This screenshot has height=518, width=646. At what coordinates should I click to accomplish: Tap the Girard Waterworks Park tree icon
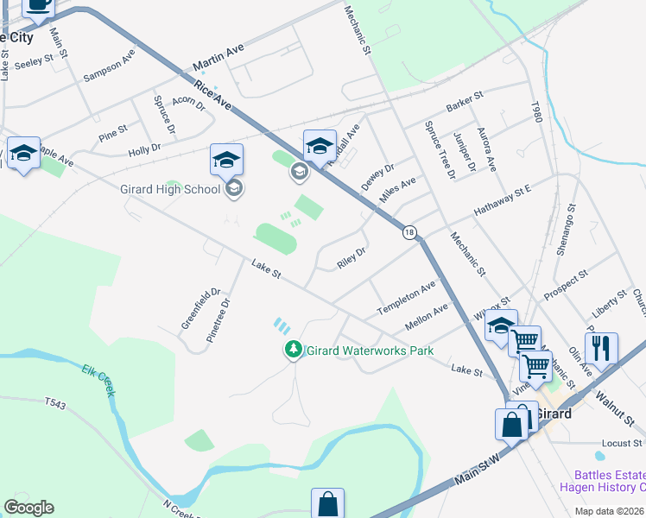point(294,351)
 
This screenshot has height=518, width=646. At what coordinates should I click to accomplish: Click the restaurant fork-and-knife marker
point(601,348)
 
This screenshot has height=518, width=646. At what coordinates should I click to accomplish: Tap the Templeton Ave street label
point(406,299)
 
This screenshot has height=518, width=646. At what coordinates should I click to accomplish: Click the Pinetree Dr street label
point(218,320)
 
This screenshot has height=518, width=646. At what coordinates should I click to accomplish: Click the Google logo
point(28,508)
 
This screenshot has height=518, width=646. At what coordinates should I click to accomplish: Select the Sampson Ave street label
point(110,66)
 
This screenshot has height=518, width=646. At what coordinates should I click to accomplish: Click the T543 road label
point(55,401)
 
